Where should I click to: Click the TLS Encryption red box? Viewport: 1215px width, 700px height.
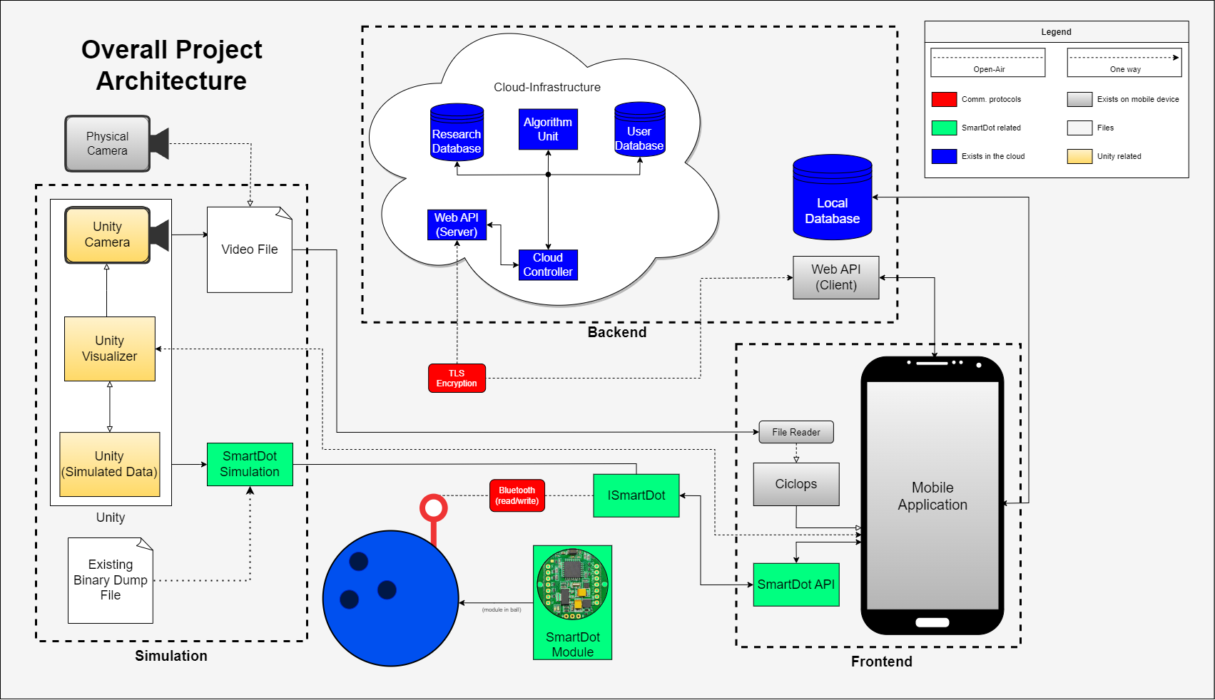[x=457, y=378]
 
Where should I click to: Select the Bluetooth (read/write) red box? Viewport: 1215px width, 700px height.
[x=517, y=495]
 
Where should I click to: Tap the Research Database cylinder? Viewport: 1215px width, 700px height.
[x=457, y=131]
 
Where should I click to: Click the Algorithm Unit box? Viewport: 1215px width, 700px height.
[x=548, y=129]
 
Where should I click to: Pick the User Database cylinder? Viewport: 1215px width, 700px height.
[x=639, y=130]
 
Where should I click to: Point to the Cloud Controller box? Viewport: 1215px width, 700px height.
[x=548, y=264]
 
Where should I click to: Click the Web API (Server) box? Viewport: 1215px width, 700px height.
[x=457, y=225]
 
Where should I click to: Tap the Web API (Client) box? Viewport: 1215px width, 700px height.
[x=835, y=277]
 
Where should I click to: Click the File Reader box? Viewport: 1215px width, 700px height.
[x=795, y=432]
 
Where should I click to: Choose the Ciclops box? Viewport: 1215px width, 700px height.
[x=795, y=484]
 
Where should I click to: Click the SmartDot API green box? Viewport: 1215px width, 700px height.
[x=795, y=585]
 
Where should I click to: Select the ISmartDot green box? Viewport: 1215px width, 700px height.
[x=636, y=495]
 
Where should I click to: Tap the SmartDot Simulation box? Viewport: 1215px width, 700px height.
[x=250, y=464]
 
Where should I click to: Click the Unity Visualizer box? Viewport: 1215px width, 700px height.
[x=109, y=349]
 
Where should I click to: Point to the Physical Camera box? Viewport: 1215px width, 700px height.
[x=108, y=143]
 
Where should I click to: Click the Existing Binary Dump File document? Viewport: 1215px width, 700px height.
[x=111, y=580]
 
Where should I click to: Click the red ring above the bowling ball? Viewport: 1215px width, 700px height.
[x=433, y=508]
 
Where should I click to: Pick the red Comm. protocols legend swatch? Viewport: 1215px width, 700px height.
[x=944, y=99]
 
